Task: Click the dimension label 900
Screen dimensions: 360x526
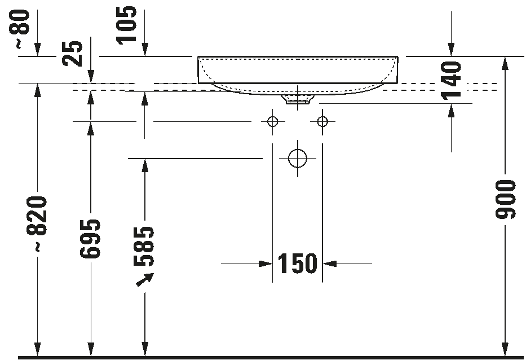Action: tap(505, 200)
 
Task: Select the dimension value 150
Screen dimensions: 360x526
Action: tap(298, 264)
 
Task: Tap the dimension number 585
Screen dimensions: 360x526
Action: tap(145, 246)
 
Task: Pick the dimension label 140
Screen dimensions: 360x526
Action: tap(452, 80)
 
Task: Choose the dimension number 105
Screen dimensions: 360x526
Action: tap(127, 24)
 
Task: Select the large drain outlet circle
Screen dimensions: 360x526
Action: tap(297, 159)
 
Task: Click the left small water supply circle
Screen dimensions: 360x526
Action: tap(273, 121)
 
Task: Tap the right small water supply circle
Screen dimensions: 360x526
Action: tap(322, 121)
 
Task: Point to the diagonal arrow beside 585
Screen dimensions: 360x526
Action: tap(145, 279)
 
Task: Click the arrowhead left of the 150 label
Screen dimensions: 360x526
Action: tap(266, 264)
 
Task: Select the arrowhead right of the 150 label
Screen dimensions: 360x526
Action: tap(329, 264)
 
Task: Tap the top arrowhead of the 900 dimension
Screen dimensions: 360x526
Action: tap(505, 63)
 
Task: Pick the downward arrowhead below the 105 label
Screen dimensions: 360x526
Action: tap(145, 50)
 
